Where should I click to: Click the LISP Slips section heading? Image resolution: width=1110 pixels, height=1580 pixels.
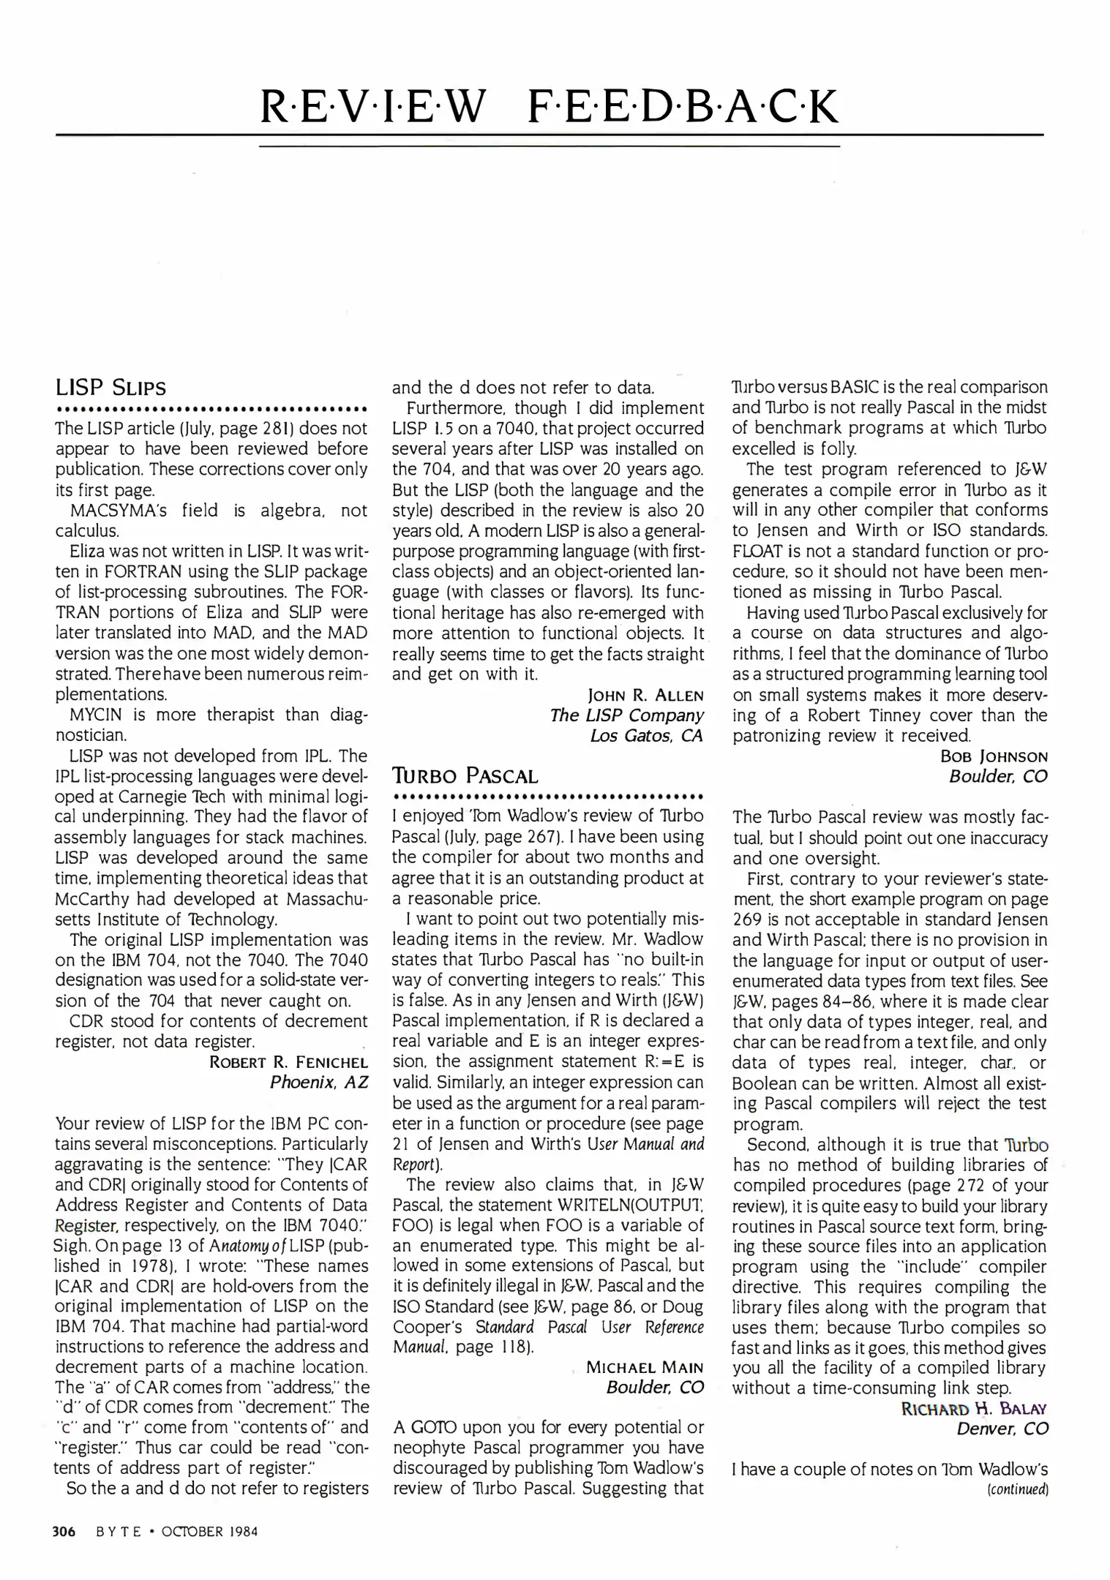pos(110,387)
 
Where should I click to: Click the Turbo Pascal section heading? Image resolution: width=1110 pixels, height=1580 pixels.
pos(465,775)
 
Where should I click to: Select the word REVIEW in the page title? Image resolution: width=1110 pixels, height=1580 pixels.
pos(372,107)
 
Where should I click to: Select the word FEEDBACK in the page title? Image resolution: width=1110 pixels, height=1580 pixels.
pos(682,107)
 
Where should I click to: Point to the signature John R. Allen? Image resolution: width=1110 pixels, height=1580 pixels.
pos(645,695)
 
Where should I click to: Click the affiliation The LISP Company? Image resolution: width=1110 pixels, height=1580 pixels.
pos(626,715)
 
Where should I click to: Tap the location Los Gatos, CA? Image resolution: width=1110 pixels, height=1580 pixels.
pos(646,736)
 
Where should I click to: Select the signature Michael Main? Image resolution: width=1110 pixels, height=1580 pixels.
pos(644,1366)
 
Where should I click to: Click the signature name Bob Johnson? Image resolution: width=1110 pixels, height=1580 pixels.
pos(993,756)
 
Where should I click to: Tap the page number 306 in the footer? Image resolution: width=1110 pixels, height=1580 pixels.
pos(64,1531)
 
